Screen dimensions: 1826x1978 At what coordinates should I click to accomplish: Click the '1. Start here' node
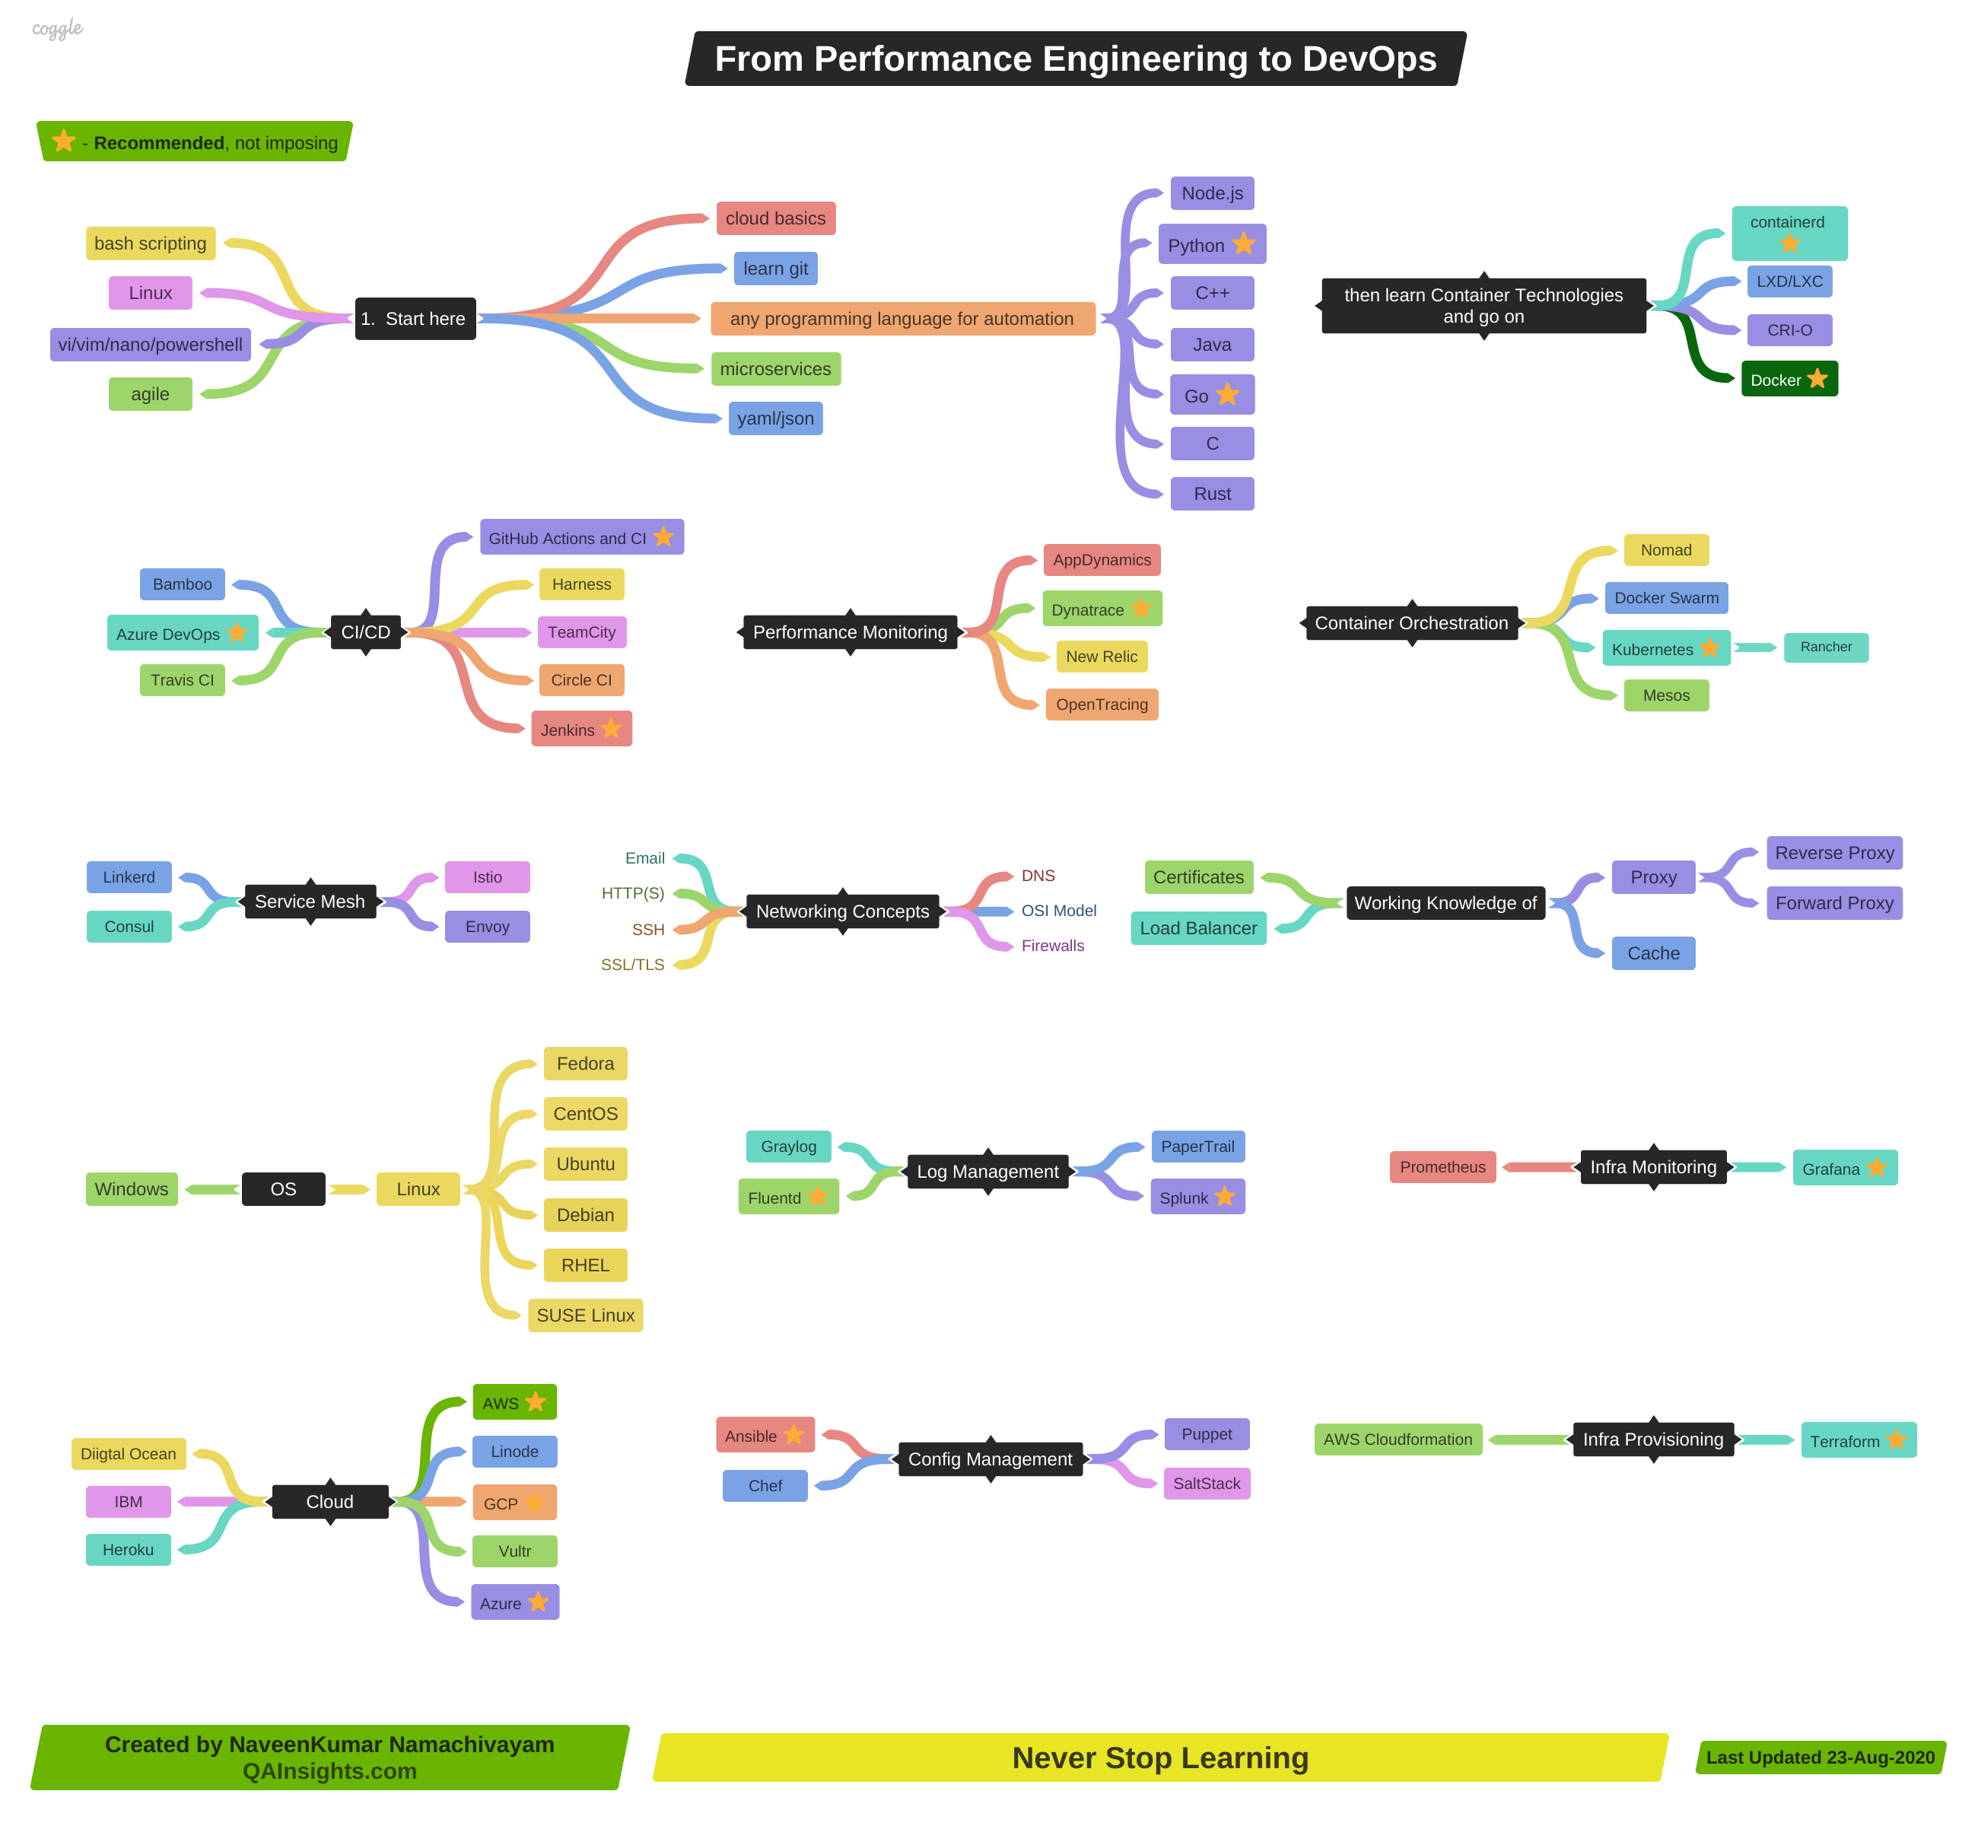(415, 319)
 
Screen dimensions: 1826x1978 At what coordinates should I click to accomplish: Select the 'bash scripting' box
(150, 243)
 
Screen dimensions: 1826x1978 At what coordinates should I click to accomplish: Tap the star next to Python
(1244, 244)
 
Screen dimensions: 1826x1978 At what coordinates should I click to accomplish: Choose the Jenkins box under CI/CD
(581, 729)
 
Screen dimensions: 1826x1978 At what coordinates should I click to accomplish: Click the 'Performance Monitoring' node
(850, 632)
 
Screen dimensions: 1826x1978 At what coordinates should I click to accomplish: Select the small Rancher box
(1825, 647)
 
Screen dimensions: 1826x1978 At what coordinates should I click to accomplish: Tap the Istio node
(487, 877)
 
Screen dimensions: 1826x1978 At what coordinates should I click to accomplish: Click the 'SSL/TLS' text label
(632, 965)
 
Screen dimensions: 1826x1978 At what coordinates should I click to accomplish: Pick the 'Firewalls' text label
(1052, 946)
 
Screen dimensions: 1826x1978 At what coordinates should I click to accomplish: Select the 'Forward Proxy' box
(1833, 903)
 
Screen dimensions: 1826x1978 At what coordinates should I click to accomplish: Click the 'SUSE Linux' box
(585, 1315)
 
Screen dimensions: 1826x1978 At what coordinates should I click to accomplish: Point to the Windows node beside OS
(132, 1188)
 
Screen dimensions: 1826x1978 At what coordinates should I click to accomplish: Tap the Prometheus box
(1442, 1167)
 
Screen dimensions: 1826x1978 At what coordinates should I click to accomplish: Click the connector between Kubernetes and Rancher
(1756, 648)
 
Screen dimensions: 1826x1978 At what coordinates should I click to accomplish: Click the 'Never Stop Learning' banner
(1160, 1758)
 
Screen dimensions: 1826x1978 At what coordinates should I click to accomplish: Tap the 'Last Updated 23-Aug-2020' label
(1820, 1758)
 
